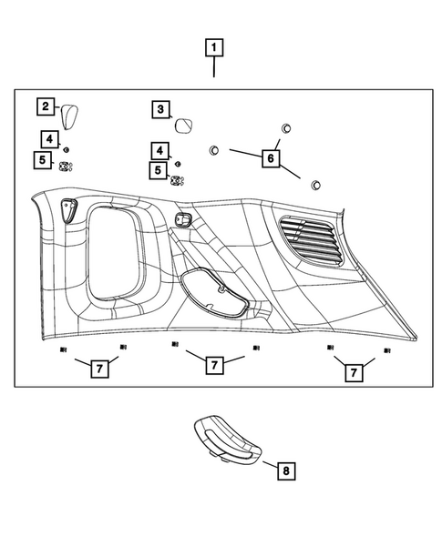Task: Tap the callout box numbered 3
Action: coord(161,110)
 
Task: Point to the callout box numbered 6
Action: coord(270,157)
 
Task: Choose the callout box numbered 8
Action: coord(286,470)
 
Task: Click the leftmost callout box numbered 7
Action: coord(98,369)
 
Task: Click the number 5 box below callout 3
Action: coord(159,170)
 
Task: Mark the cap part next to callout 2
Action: coord(70,116)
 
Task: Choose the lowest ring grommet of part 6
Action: coord(315,186)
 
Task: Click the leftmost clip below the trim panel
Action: coord(63,350)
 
